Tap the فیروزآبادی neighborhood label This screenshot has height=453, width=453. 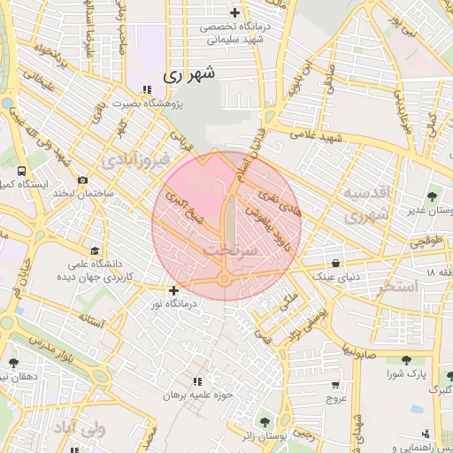pos(133,161)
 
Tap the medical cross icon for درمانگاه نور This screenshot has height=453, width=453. pos(173,290)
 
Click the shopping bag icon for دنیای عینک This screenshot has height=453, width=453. pos(336,263)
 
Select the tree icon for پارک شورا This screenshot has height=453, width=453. pos(406,360)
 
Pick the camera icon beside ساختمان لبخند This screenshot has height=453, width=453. pos(82,180)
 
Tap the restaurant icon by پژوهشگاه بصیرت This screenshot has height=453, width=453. pos(146,90)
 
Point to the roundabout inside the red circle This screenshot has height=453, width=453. pos(226,280)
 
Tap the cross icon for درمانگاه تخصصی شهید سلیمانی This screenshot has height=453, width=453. pos(234,12)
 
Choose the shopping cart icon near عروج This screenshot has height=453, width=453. pos(335,385)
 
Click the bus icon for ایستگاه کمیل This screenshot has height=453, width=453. pos(20,171)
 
